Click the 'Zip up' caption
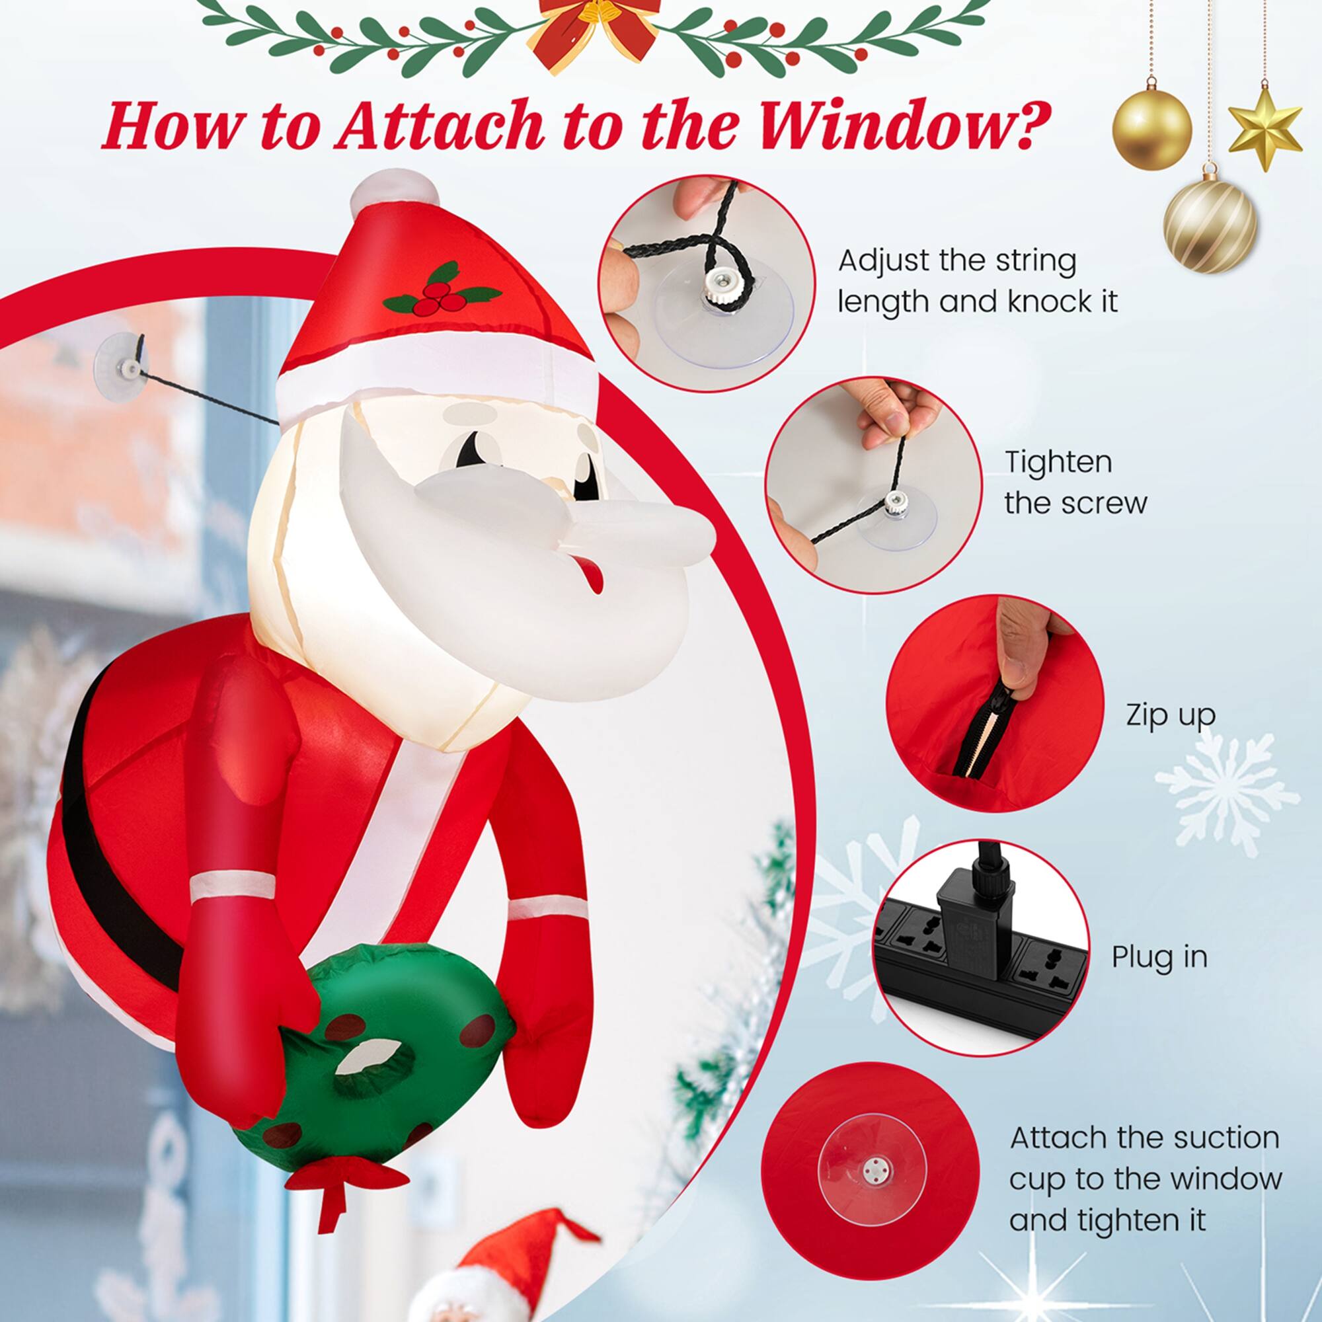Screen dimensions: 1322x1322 pyautogui.click(x=1171, y=715)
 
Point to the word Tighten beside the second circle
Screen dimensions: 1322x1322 pyautogui.click(x=1058, y=463)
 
